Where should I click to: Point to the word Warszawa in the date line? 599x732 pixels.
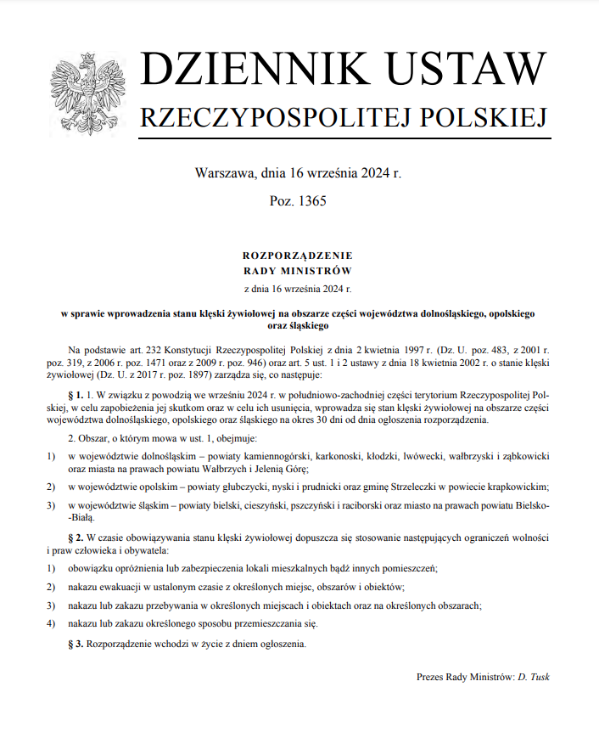[x=224, y=173]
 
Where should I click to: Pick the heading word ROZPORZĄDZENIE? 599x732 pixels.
[x=297, y=255]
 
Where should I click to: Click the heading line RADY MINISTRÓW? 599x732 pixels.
[x=297, y=271]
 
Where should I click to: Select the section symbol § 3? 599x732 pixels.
[x=74, y=643]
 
